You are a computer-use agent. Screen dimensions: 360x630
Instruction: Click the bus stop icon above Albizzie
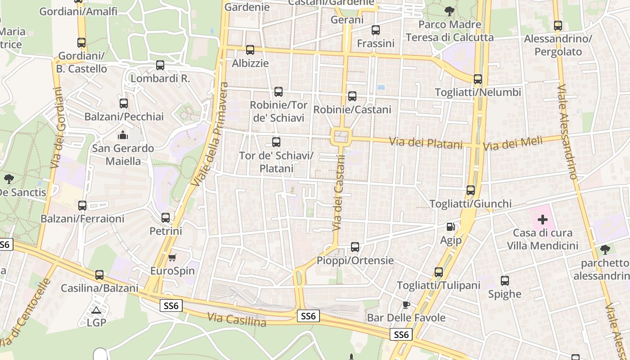(x=250, y=50)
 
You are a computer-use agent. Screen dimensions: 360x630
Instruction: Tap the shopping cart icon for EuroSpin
(x=172, y=257)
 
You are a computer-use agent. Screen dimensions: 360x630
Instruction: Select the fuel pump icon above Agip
(x=450, y=227)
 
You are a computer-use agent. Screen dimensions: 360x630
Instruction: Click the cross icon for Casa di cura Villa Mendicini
(x=543, y=220)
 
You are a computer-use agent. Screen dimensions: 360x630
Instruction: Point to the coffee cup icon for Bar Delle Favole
(x=406, y=305)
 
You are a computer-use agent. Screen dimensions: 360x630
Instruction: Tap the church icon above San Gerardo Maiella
(x=122, y=135)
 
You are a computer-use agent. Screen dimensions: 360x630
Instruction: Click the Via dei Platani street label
(x=426, y=143)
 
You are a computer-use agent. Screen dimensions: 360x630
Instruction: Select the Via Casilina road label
(x=237, y=319)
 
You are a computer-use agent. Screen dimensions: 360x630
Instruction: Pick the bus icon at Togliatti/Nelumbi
(x=478, y=79)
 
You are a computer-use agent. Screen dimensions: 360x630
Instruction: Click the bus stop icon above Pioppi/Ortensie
(x=355, y=247)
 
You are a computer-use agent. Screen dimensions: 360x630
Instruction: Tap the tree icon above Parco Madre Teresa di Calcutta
(x=449, y=11)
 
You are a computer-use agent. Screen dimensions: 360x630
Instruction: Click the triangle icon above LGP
(x=96, y=310)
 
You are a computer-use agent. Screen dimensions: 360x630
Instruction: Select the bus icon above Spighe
(x=505, y=281)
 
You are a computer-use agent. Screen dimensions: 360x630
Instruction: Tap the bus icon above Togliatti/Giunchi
(x=471, y=190)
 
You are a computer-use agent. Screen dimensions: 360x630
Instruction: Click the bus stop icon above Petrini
(x=166, y=218)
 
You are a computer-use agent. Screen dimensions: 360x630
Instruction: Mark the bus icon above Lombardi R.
(x=160, y=65)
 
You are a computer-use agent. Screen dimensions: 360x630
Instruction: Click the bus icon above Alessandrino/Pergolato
(x=558, y=26)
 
